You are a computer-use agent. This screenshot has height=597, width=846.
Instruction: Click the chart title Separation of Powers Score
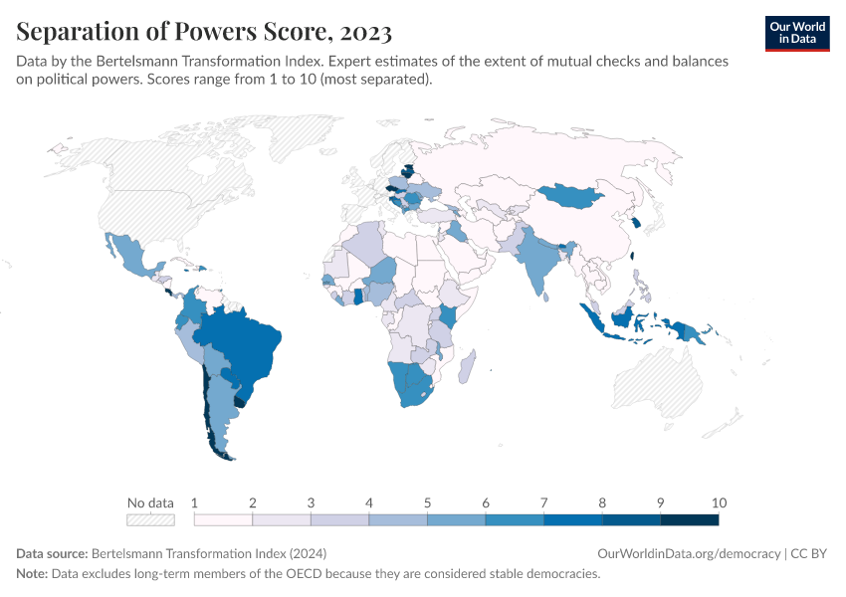point(203,32)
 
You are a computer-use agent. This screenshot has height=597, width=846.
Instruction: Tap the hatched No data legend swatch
point(150,519)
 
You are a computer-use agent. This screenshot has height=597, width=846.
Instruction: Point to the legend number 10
point(719,502)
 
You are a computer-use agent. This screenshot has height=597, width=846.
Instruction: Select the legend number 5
point(427,502)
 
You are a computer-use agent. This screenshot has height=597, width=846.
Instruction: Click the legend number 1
point(194,502)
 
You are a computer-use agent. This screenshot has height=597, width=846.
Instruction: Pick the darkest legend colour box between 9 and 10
point(690,519)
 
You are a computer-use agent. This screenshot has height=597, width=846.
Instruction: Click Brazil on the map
point(244,343)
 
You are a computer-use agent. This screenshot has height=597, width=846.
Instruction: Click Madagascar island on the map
point(466,367)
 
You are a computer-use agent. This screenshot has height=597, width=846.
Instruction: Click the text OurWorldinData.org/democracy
point(690,553)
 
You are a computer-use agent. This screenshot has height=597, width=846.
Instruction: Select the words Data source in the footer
point(52,553)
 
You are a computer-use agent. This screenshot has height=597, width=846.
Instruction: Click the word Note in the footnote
point(33,574)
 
